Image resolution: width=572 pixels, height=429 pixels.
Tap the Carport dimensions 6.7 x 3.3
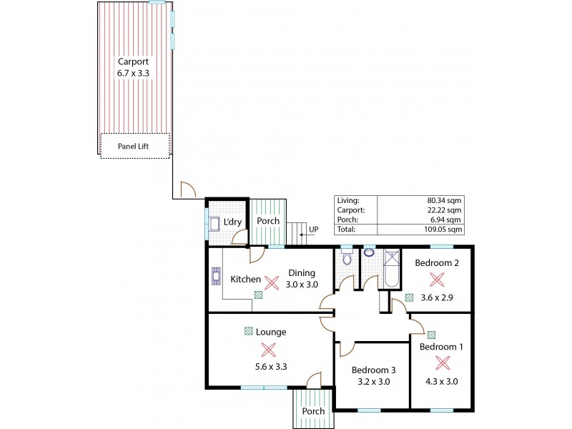pos(134,73)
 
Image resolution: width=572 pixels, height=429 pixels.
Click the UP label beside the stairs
pos(313,230)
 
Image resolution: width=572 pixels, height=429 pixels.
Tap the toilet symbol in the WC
pos(347,259)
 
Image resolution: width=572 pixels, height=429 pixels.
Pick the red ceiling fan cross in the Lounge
pos(268,349)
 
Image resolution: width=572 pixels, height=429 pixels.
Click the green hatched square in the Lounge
pos(248,331)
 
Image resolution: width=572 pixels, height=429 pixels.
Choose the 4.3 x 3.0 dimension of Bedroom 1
pos(443,381)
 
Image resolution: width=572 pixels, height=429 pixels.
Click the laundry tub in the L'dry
pos(214,224)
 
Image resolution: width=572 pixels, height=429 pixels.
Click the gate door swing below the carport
pos(188,189)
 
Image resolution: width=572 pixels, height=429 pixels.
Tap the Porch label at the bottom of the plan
pos(313,411)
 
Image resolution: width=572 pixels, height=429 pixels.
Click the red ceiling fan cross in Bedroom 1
pos(443,363)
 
